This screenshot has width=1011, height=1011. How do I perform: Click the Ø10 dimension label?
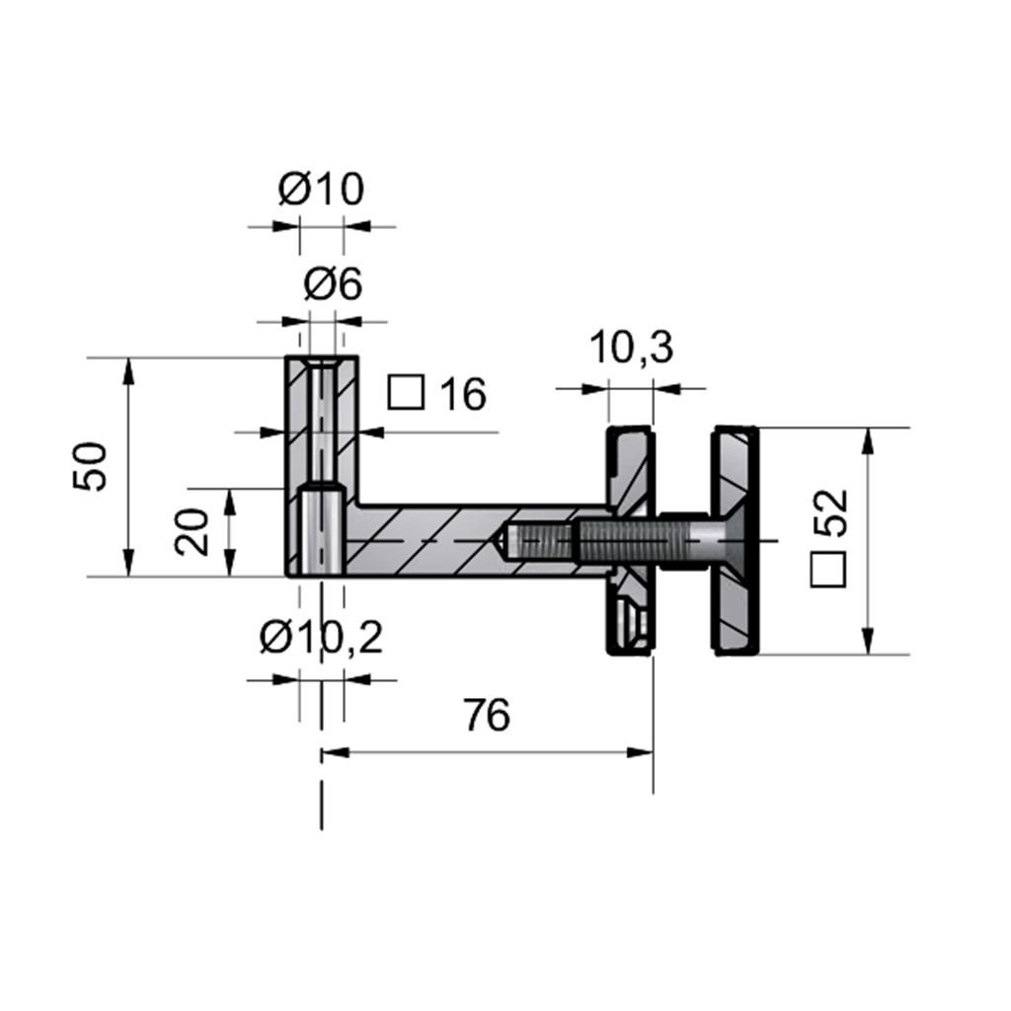pos(321,189)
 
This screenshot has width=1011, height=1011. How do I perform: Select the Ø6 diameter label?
pos(333,283)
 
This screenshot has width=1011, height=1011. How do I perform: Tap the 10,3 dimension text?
pos(631,347)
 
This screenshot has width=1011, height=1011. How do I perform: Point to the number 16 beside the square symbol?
pos(462,394)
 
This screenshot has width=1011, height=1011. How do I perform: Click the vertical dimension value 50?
pos(90,467)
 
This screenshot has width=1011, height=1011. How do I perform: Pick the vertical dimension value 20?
pos(192,532)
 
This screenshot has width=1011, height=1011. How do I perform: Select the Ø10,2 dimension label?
pos(321,638)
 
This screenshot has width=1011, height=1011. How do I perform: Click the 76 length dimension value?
pos(487,715)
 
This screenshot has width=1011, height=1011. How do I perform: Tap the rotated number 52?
pos(829,512)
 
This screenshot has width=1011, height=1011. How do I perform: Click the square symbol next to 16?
pos(406,393)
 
